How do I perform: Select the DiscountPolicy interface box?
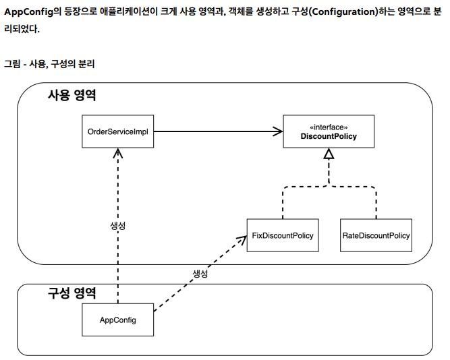328,131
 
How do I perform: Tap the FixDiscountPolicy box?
283,236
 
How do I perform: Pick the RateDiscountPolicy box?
376,236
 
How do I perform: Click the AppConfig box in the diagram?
118,320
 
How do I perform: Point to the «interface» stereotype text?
329,127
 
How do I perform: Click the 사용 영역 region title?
72,95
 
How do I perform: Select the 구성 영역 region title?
72,293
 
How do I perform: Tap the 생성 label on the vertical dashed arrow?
118,225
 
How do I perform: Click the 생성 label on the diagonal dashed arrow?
200,273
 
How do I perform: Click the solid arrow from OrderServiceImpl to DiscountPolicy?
216,131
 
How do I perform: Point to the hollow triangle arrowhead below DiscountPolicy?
329,155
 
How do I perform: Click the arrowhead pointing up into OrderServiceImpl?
118,152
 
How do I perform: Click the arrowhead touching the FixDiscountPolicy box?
242,238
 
